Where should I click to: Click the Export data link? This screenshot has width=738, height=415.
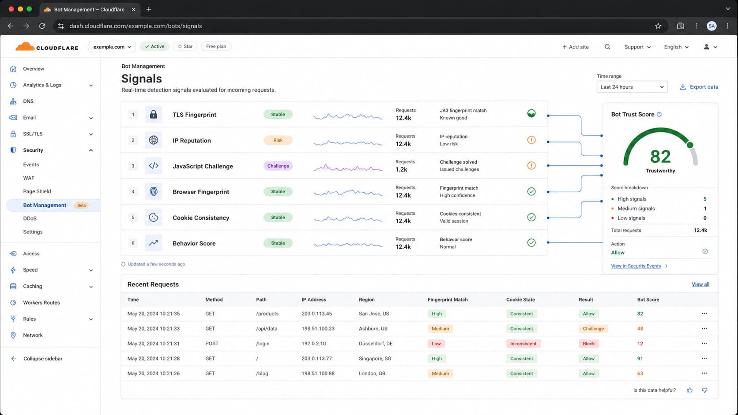click(699, 87)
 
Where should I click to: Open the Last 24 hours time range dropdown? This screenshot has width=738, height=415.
click(632, 87)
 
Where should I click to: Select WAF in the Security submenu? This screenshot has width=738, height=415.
click(29, 178)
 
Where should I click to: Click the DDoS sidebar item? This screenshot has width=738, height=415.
click(30, 218)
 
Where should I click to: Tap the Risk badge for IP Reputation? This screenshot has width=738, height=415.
click(278, 140)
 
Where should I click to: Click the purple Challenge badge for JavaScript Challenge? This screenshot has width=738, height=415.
click(278, 166)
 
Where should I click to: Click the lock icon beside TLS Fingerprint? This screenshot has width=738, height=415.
click(154, 115)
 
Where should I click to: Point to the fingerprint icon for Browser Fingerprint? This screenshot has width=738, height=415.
click(154, 191)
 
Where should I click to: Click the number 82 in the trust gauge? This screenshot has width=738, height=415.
click(660, 156)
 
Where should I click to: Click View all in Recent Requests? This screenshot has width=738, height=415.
click(700, 284)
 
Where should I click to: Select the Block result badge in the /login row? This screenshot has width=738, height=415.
click(588, 344)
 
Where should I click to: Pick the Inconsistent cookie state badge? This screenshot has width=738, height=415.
click(523, 344)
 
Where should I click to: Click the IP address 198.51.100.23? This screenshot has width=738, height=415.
click(318, 329)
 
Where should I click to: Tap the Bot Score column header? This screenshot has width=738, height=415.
click(648, 299)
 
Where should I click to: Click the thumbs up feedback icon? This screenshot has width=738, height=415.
click(689, 390)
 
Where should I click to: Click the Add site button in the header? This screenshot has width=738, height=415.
click(575, 47)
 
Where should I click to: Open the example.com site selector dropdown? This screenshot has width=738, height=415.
click(112, 47)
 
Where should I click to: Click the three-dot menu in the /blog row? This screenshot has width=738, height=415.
click(704, 373)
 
